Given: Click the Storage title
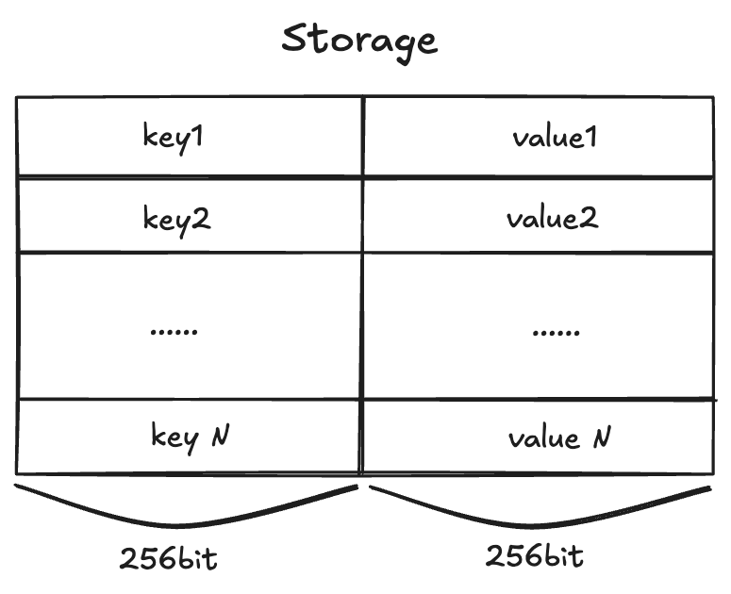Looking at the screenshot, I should click(x=360, y=41).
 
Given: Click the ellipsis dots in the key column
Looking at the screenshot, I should click(x=174, y=331).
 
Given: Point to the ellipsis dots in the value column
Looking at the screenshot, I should click(x=556, y=331).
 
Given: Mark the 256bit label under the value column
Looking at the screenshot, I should click(x=535, y=555).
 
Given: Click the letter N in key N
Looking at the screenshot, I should click(x=221, y=436).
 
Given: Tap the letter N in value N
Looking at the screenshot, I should click(x=601, y=437).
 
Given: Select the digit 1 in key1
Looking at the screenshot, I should click(x=200, y=137).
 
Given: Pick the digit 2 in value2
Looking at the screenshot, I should click(x=590, y=219).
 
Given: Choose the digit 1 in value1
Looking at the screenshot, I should click(x=591, y=138).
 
